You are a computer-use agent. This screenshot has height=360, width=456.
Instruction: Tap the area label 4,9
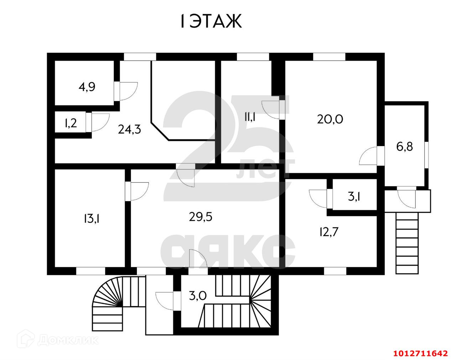(x=87, y=87)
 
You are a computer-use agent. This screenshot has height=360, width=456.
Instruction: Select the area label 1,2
(x=71, y=123)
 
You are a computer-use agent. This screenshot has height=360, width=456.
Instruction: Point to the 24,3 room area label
(x=130, y=129)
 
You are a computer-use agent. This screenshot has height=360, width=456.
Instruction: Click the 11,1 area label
(x=251, y=117)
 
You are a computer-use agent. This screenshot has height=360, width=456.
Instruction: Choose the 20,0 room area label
(x=330, y=119)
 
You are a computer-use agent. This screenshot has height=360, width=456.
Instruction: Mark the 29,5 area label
(x=201, y=216)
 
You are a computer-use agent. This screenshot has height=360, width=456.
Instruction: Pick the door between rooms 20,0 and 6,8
(x=371, y=155)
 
